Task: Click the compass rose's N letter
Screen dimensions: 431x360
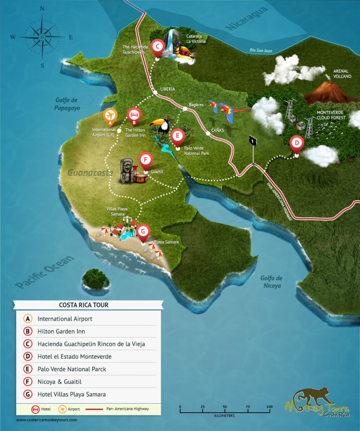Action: (42, 9)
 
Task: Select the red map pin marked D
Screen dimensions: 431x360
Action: (297, 144)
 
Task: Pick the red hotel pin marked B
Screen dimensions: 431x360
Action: (134, 114)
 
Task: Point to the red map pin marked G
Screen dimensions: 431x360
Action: (144, 231)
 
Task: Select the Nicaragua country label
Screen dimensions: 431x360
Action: (247, 19)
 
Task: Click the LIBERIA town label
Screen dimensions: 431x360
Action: (167, 89)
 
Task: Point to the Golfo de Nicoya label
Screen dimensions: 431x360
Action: (271, 282)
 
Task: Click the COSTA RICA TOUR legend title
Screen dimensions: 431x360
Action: (88, 305)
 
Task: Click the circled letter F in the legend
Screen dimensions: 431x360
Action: (28, 382)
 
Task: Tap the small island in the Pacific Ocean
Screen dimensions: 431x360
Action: (96, 279)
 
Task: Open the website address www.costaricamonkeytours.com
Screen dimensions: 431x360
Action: (47, 420)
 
